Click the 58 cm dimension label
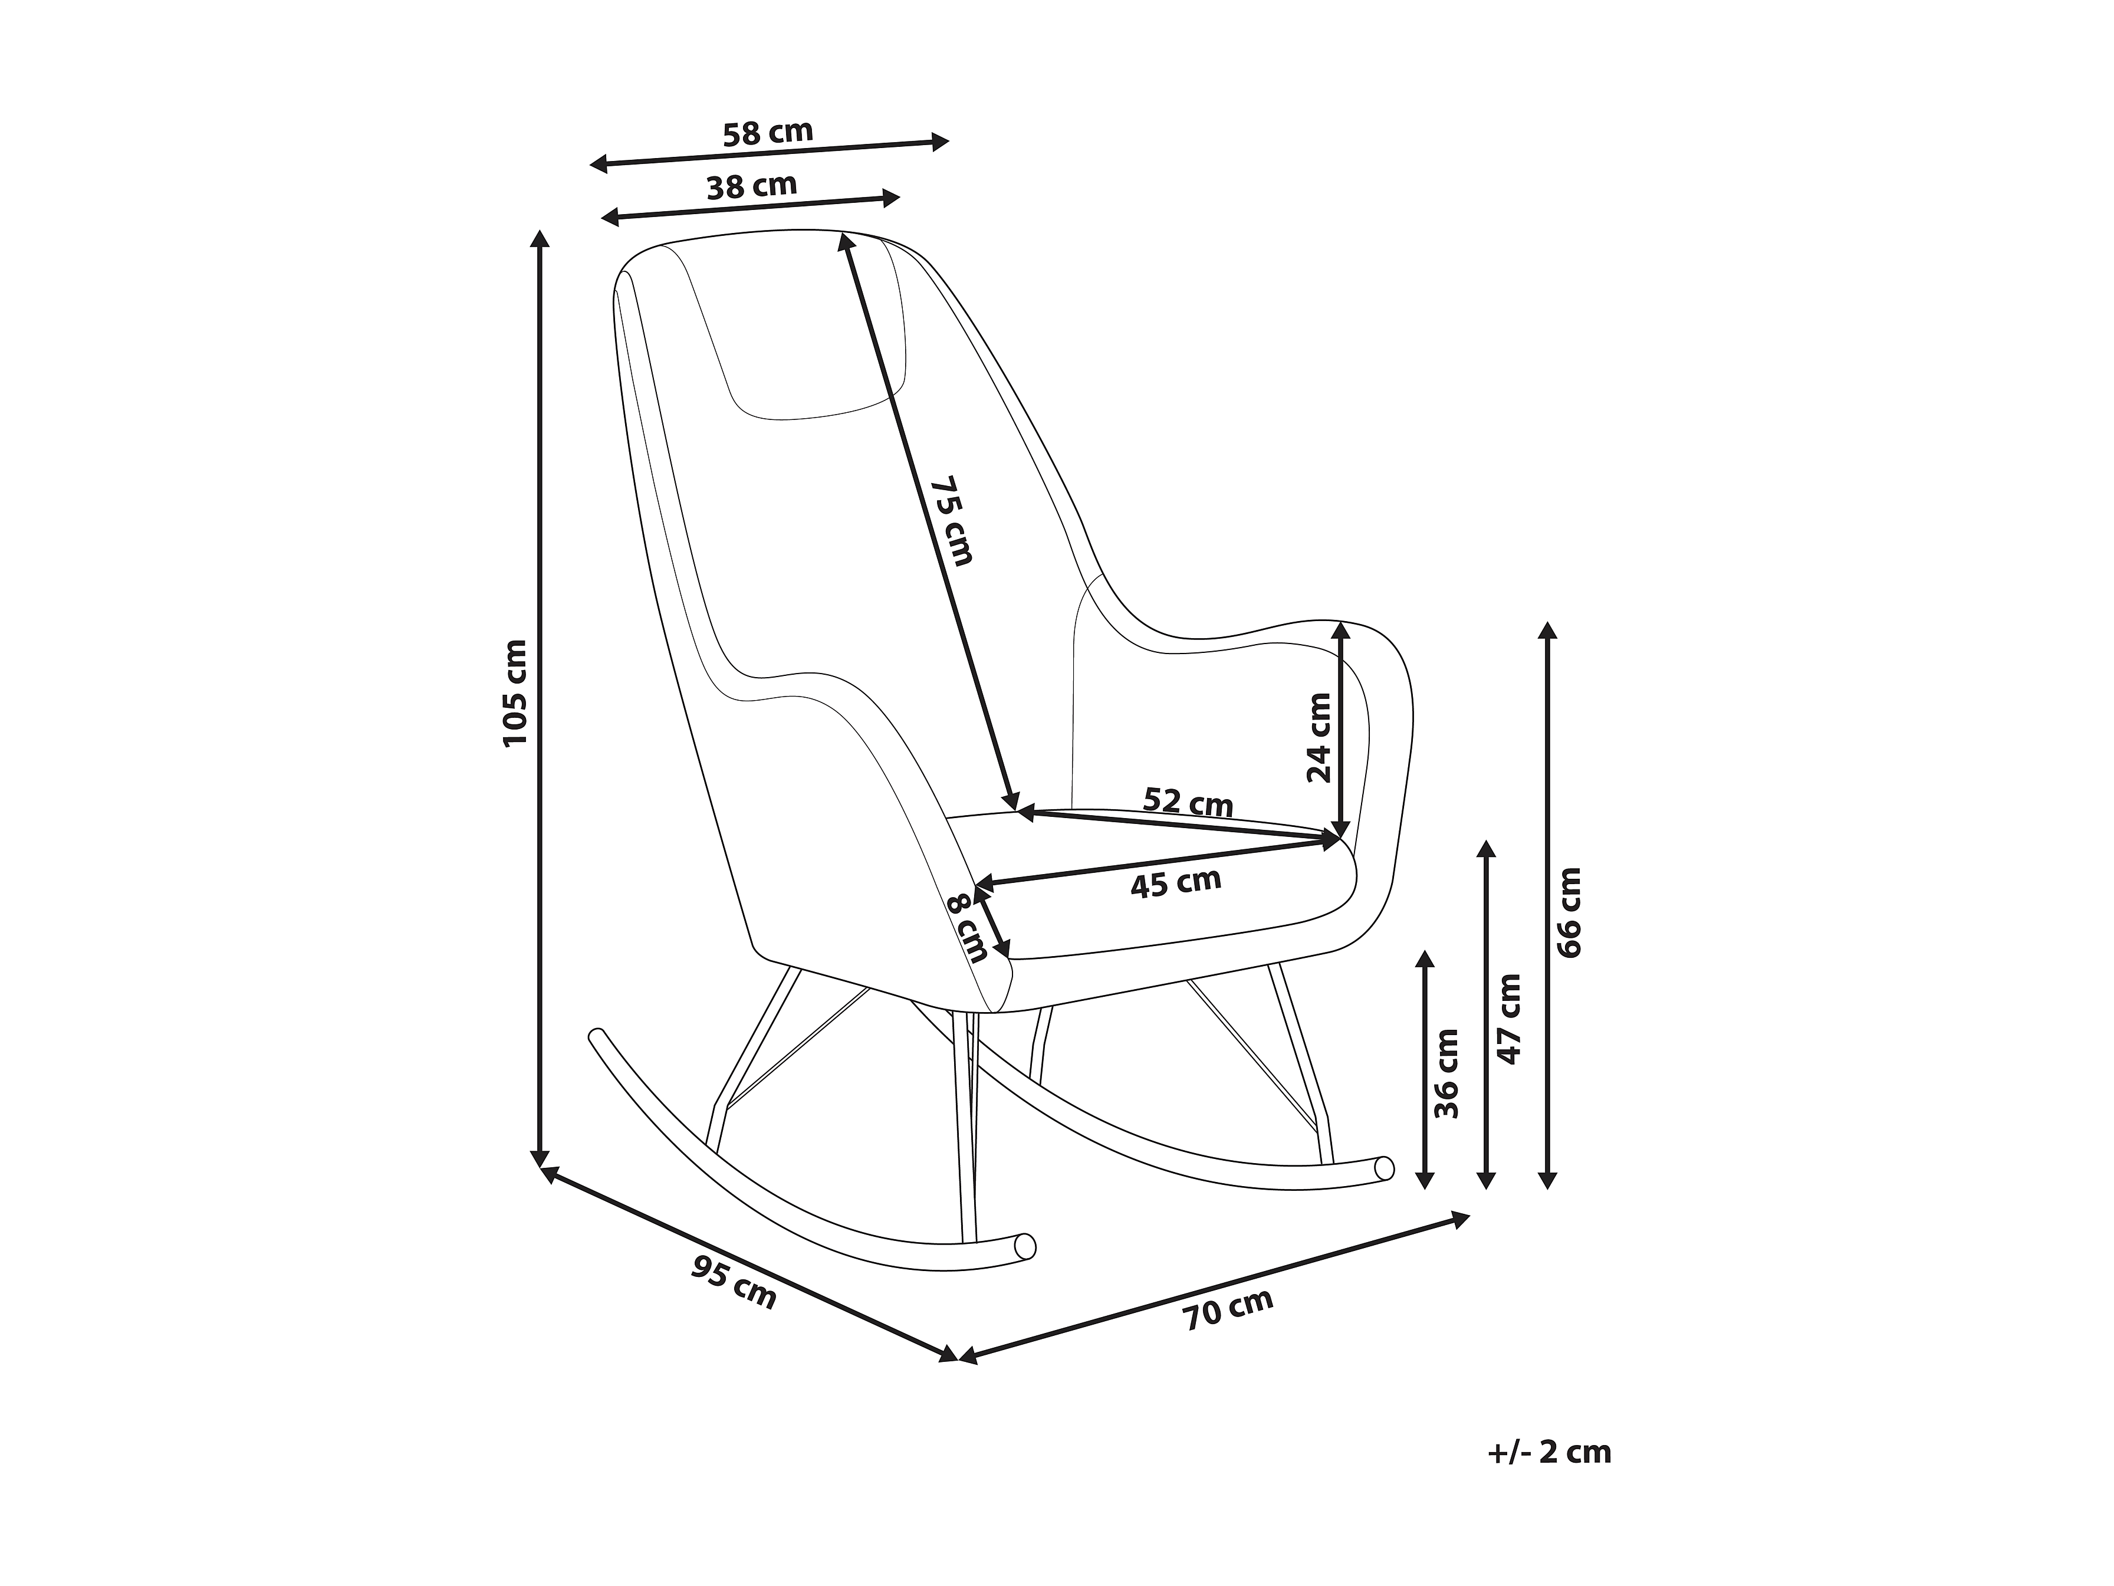coord(767,133)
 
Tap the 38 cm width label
coord(751,185)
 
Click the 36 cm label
coord(1447,1073)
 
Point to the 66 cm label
coord(1569,912)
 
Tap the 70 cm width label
coord(1228,1309)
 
